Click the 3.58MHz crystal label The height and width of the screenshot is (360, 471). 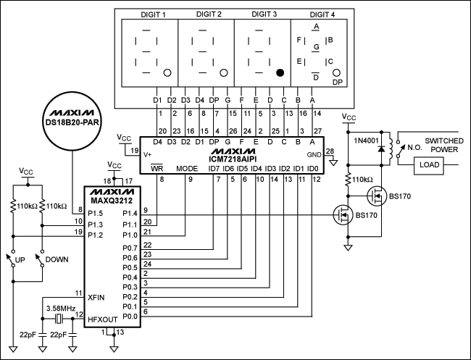coord(61,308)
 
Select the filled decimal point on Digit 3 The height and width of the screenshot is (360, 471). coord(278,73)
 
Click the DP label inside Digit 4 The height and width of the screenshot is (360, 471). coord(336,83)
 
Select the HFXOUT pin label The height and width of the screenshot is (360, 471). coord(103,319)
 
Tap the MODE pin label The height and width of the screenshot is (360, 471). coord(186,169)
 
